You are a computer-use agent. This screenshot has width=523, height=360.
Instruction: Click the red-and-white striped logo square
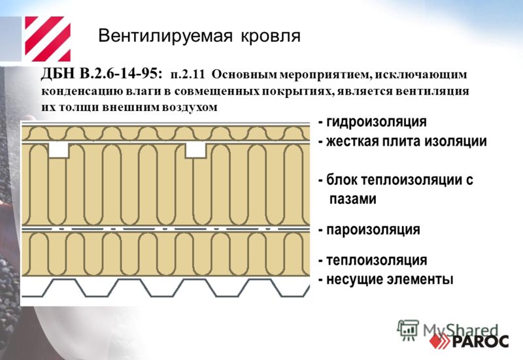[48, 39]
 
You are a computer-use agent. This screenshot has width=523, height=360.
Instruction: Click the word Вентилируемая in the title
[165, 36]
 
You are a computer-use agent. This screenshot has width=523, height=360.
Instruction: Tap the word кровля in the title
[271, 36]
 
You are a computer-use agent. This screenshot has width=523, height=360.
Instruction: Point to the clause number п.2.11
[188, 74]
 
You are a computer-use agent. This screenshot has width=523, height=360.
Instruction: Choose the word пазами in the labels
[353, 199]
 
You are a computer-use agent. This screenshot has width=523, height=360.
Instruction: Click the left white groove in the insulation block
[59, 150]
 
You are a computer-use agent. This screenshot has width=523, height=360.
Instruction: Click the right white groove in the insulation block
[195, 150]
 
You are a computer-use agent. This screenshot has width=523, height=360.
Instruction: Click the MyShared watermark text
[461, 331]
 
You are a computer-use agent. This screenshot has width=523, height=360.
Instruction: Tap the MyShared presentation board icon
[407, 330]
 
